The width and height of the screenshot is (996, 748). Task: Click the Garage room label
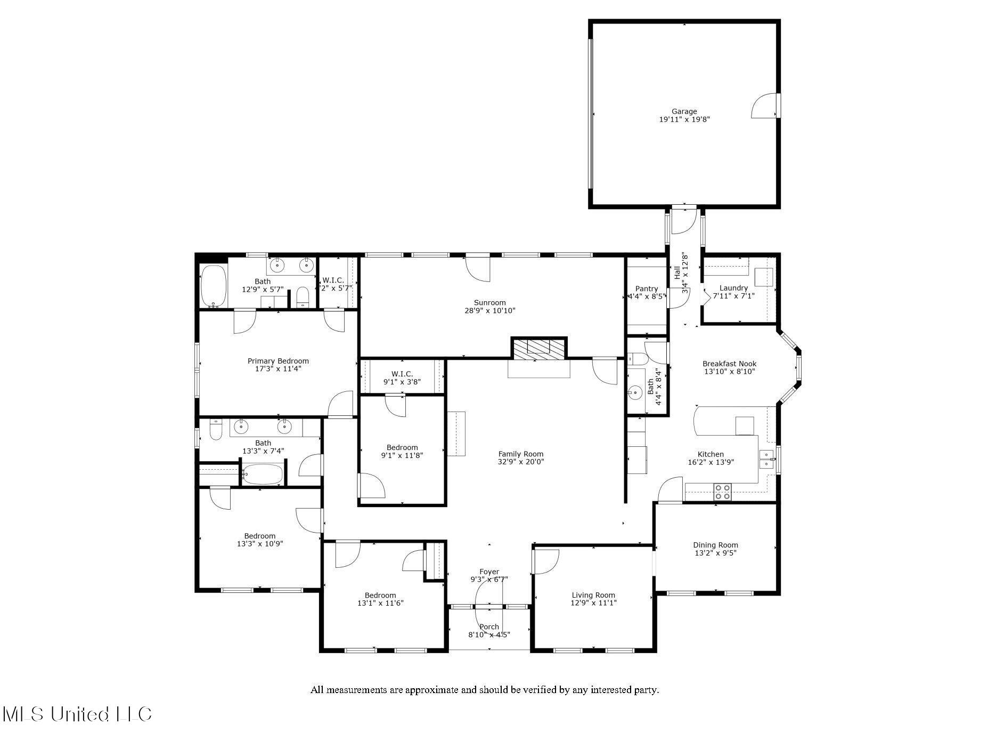(684, 111)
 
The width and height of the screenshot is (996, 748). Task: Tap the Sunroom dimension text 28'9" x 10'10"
(489, 310)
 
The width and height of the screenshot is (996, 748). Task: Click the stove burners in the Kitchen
(723, 492)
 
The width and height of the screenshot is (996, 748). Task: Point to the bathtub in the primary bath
(214, 286)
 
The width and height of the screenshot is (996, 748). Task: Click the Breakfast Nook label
(729, 364)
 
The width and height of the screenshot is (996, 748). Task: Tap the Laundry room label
(733, 288)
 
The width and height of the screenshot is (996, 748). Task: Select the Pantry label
(646, 288)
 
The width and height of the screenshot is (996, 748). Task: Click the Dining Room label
(715, 545)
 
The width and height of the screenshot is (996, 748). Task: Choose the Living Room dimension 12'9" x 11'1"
(593, 603)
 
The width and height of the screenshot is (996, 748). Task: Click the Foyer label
(489, 572)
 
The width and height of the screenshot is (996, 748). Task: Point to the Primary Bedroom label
(278, 361)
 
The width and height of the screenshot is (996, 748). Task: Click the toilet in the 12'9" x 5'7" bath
(303, 296)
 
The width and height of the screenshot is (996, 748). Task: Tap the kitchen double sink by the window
(766, 459)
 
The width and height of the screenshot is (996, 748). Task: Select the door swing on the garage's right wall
(763, 107)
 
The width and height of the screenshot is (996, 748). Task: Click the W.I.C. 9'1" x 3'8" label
(402, 374)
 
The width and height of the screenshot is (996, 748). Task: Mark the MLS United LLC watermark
(77, 714)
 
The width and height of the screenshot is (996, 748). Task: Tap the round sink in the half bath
(635, 393)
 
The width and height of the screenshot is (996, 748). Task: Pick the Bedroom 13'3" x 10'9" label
(260, 536)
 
